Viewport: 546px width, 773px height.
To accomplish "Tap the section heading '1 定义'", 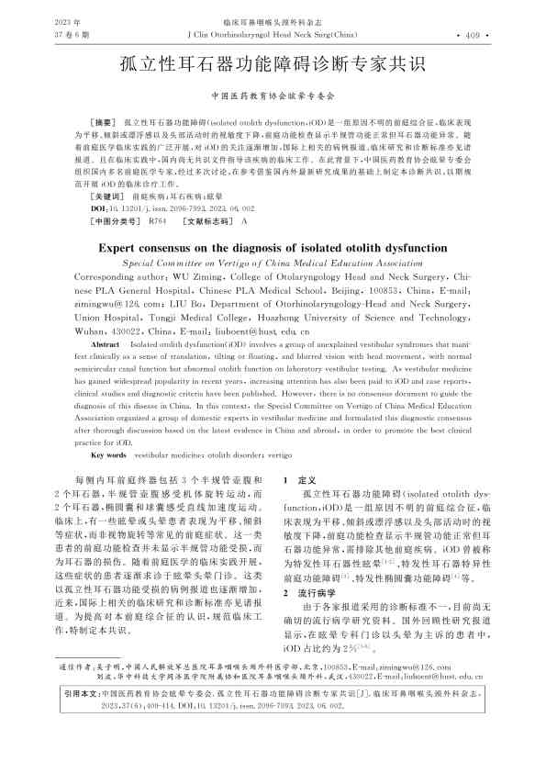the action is (301, 481).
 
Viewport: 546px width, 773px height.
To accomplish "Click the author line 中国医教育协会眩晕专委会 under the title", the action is (273, 95).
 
